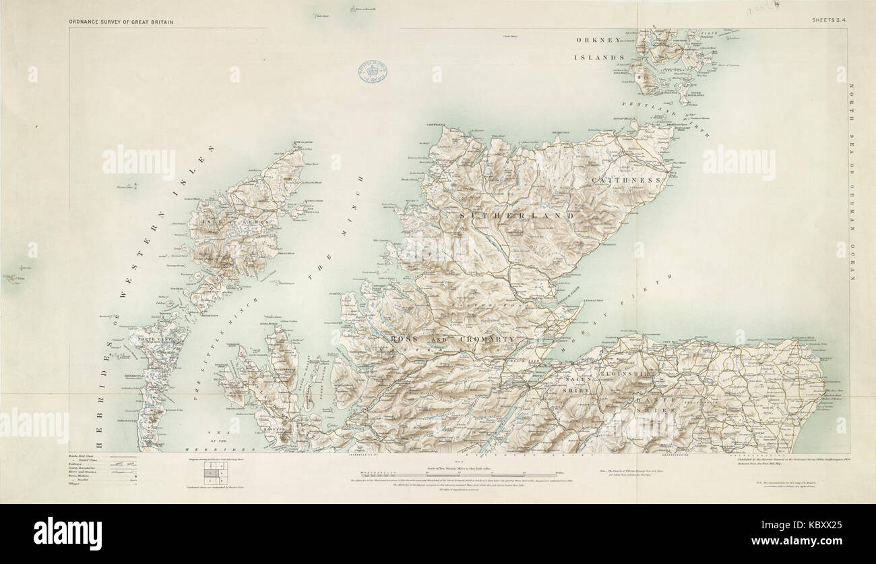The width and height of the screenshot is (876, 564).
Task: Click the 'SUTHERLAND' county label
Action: click(517, 215)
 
